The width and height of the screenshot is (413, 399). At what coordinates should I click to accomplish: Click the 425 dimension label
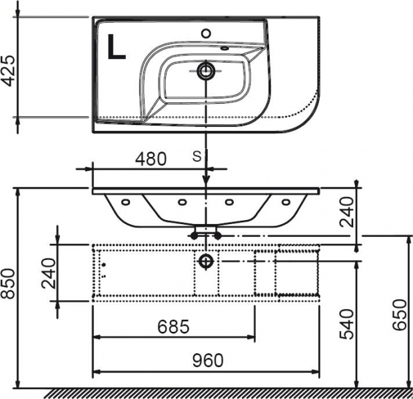coord(7,70)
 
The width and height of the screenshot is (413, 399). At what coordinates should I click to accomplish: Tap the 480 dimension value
coord(151,159)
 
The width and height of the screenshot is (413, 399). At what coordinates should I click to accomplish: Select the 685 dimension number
coord(173,327)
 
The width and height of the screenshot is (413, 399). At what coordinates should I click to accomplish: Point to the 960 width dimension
coord(208,360)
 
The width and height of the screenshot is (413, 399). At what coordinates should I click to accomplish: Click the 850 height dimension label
coord(7,283)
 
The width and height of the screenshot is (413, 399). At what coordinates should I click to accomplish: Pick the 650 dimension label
coord(400,315)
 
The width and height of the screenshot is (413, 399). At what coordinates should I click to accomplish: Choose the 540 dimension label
coord(346,324)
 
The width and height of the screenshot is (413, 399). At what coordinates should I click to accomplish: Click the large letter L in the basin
coord(116,47)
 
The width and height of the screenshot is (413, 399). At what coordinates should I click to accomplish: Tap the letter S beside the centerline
coord(197,157)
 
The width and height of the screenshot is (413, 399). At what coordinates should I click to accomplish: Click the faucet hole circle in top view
coord(206,33)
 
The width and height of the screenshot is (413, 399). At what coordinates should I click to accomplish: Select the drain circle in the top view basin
coord(206,70)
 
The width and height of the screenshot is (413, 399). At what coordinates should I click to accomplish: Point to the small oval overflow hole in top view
coord(224,48)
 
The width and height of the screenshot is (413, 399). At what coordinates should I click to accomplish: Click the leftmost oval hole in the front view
coord(125,202)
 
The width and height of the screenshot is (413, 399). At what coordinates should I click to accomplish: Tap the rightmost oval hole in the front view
coord(286,202)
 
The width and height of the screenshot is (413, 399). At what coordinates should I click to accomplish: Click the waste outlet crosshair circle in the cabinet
coord(206,261)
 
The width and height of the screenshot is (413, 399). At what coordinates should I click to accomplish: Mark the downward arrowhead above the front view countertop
coord(206,182)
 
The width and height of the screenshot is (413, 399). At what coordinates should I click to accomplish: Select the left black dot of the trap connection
coord(194,236)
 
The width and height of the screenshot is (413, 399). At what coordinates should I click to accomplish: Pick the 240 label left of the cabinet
coord(49,273)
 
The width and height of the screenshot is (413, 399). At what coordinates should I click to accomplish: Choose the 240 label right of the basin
coord(346,212)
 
